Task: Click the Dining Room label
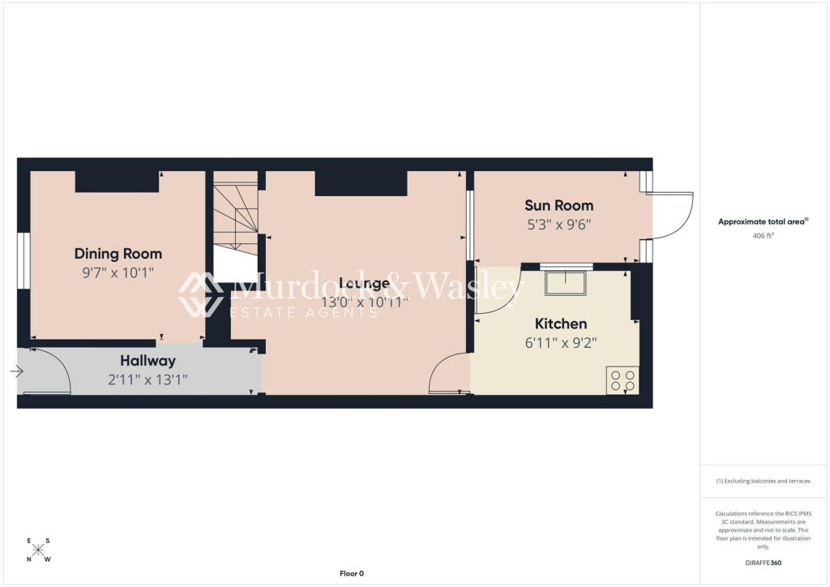click(x=118, y=254)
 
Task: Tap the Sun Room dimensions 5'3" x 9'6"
click(x=558, y=225)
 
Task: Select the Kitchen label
click(x=561, y=323)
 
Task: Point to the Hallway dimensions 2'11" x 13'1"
click(x=148, y=379)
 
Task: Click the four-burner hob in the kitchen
click(x=622, y=380)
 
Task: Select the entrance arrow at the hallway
click(x=17, y=371)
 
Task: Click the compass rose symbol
click(x=39, y=550)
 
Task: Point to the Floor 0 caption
click(x=352, y=573)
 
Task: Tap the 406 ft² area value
click(x=763, y=236)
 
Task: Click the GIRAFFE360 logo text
click(x=763, y=563)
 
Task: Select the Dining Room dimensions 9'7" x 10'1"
click(x=118, y=273)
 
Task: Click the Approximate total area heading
click(x=763, y=222)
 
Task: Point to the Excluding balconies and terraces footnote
click(x=763, y=481)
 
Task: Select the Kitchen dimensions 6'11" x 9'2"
click(x=561, y=343)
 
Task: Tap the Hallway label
click(x=148, y=361)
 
